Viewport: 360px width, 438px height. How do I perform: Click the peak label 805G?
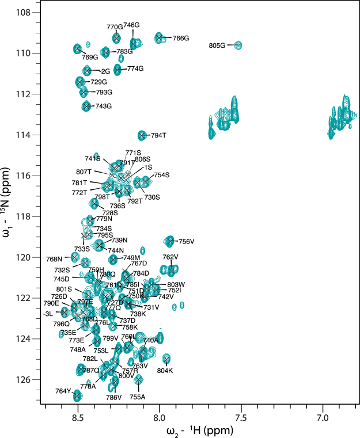click(217, 45)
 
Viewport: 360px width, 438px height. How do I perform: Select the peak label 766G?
click(181, 39)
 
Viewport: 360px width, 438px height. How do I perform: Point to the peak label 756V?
click(186, 242)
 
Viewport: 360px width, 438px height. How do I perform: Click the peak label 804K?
click(165, 371)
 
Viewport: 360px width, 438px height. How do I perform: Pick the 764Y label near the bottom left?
click(63, 391)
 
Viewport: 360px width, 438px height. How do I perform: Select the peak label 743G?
click(104, 106)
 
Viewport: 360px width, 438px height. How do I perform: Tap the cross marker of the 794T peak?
click(142, 136)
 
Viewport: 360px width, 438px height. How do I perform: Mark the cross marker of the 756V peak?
click(170, 241)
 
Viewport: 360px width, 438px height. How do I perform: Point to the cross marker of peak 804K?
click(166, 360)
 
